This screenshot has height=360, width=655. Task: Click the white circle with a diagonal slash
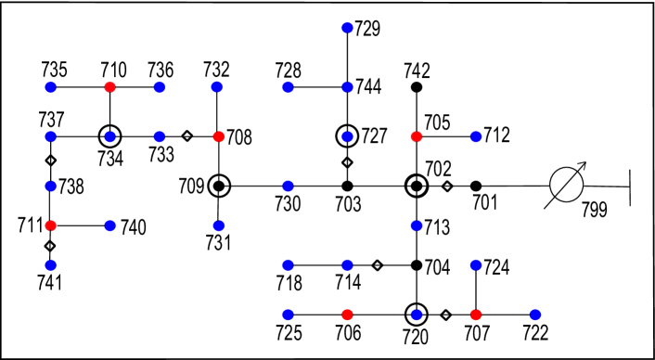coord(566,185)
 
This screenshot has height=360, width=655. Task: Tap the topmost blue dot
coord(347,28)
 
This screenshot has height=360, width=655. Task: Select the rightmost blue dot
coord(535,315)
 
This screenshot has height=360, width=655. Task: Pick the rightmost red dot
coord(476,315)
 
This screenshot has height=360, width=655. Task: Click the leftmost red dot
coord(51,225)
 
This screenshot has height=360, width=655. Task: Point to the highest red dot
coord(110,87)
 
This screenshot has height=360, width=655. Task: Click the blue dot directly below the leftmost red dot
coord(51,265)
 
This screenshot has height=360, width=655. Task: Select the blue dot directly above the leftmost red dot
coord(51,186)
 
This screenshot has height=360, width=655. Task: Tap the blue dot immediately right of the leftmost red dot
coord(110,225)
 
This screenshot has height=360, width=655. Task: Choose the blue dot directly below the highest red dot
coord(110,137)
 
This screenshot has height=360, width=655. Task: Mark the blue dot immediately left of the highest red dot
coord(51,87)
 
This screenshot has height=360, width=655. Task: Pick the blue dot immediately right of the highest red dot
coord(160,87)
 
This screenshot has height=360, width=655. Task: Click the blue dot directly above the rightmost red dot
coord(476,265)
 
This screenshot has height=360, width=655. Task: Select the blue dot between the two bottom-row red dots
coord(417,315)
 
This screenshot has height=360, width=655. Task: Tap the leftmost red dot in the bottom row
coord(347,315)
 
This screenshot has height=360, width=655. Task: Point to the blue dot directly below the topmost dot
coord(347,87)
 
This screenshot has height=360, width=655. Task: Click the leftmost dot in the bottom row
coord(288,315)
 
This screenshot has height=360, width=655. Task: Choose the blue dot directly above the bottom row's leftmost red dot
coord(347,265)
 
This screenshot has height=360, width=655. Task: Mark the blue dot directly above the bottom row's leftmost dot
coord(288,265)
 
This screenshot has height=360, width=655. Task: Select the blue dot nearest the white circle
coord(476,137)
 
